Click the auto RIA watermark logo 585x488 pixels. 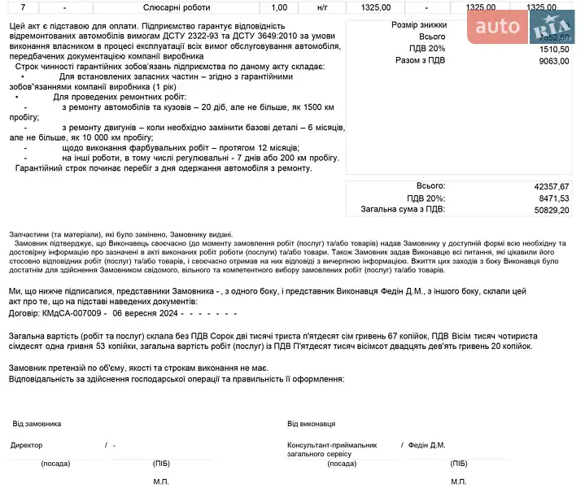click(524, 28)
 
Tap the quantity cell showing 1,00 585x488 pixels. click(279, 7)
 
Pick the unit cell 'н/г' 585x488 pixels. click(323, 7)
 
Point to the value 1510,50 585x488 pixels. click(553, 49)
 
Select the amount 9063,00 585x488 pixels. click(553, 60)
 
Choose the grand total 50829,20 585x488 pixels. click(551, 209)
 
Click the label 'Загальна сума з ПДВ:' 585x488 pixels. click(403, 209)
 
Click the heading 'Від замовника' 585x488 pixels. click(37, 424)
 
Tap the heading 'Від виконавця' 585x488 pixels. click(311, 424)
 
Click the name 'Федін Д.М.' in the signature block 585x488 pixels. click(426, 445)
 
